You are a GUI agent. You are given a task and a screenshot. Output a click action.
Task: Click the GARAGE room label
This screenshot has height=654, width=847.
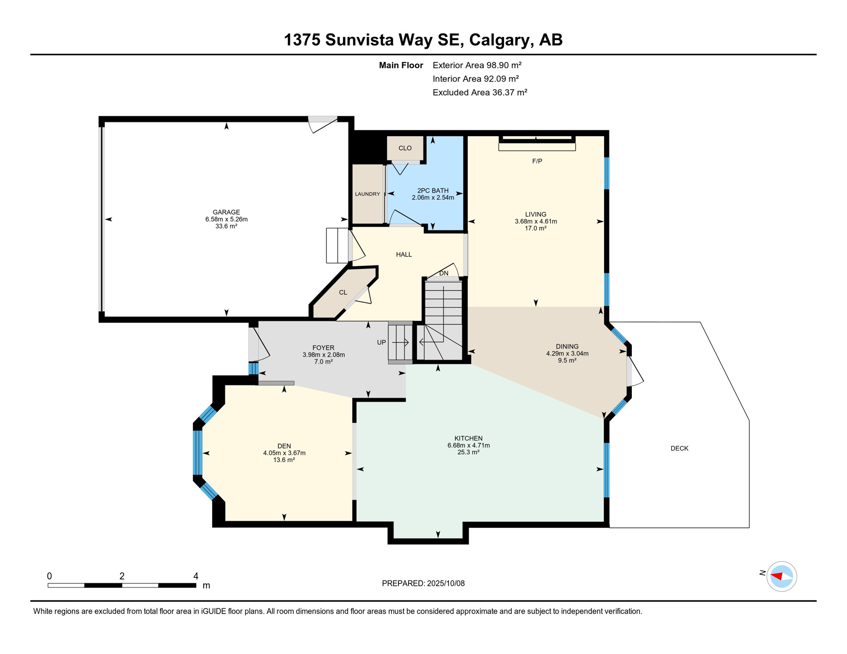[226, 212]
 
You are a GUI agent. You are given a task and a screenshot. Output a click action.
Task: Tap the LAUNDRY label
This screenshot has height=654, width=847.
[367, 194]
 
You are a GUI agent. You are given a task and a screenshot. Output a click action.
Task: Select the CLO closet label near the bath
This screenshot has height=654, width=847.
[405, 148]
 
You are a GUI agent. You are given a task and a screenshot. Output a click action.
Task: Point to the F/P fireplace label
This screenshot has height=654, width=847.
[537, 161]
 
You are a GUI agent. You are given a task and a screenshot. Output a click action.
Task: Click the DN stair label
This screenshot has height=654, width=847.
[444, 273]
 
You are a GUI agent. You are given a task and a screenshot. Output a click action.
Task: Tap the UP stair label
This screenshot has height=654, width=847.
[381, 342]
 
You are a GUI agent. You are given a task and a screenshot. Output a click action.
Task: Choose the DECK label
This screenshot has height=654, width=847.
[679, 448]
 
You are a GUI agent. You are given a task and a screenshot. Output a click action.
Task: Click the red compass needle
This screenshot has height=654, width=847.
[777, 577]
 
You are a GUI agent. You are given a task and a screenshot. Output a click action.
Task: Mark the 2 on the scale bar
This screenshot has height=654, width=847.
[122, 576]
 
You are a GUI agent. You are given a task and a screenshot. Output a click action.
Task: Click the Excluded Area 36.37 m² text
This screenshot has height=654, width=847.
[480, 92]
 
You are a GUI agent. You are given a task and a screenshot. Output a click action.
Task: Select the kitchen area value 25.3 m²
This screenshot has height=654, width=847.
[468, 452]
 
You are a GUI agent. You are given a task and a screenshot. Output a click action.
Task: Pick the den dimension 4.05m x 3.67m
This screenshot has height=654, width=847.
[284, 453]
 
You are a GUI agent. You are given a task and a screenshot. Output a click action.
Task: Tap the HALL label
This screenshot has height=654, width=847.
[404, 255]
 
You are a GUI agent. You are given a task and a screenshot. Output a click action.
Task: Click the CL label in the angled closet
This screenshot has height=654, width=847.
[343, 293]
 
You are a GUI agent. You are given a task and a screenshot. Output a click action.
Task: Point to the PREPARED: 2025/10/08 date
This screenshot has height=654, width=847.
[423, 583]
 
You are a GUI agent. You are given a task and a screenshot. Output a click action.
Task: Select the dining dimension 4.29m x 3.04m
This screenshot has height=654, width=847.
[567, 353]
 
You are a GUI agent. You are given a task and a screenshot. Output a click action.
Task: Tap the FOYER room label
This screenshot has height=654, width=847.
[323, 348]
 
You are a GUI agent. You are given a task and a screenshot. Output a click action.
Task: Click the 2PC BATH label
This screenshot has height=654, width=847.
[432, 191]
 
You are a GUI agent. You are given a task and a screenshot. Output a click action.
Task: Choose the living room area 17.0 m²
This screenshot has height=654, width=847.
[536, 228]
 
